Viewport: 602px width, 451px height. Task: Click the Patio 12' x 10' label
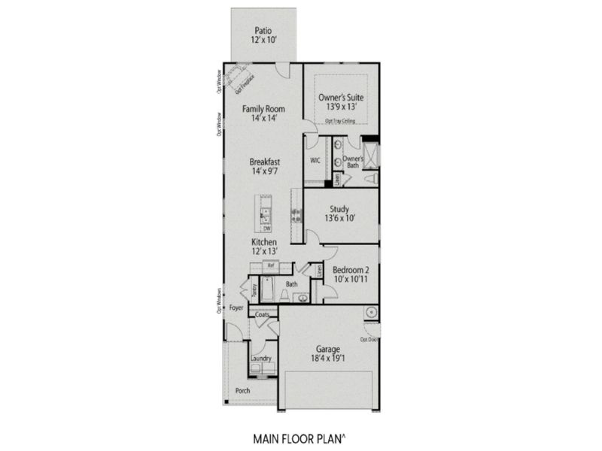point(263,35)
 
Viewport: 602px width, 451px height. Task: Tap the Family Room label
point(263,114)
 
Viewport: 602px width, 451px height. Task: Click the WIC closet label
point(316,160)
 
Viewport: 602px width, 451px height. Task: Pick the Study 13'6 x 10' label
point(341,213)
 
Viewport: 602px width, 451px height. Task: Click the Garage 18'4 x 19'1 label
point(328,355)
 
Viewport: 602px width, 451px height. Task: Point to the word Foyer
point(236,308)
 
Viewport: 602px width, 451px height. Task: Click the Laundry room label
point(261,359)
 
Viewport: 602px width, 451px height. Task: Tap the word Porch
point(242,391)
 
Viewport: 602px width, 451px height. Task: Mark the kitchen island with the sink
point(266,213)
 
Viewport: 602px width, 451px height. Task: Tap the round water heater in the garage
point(370,313)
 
